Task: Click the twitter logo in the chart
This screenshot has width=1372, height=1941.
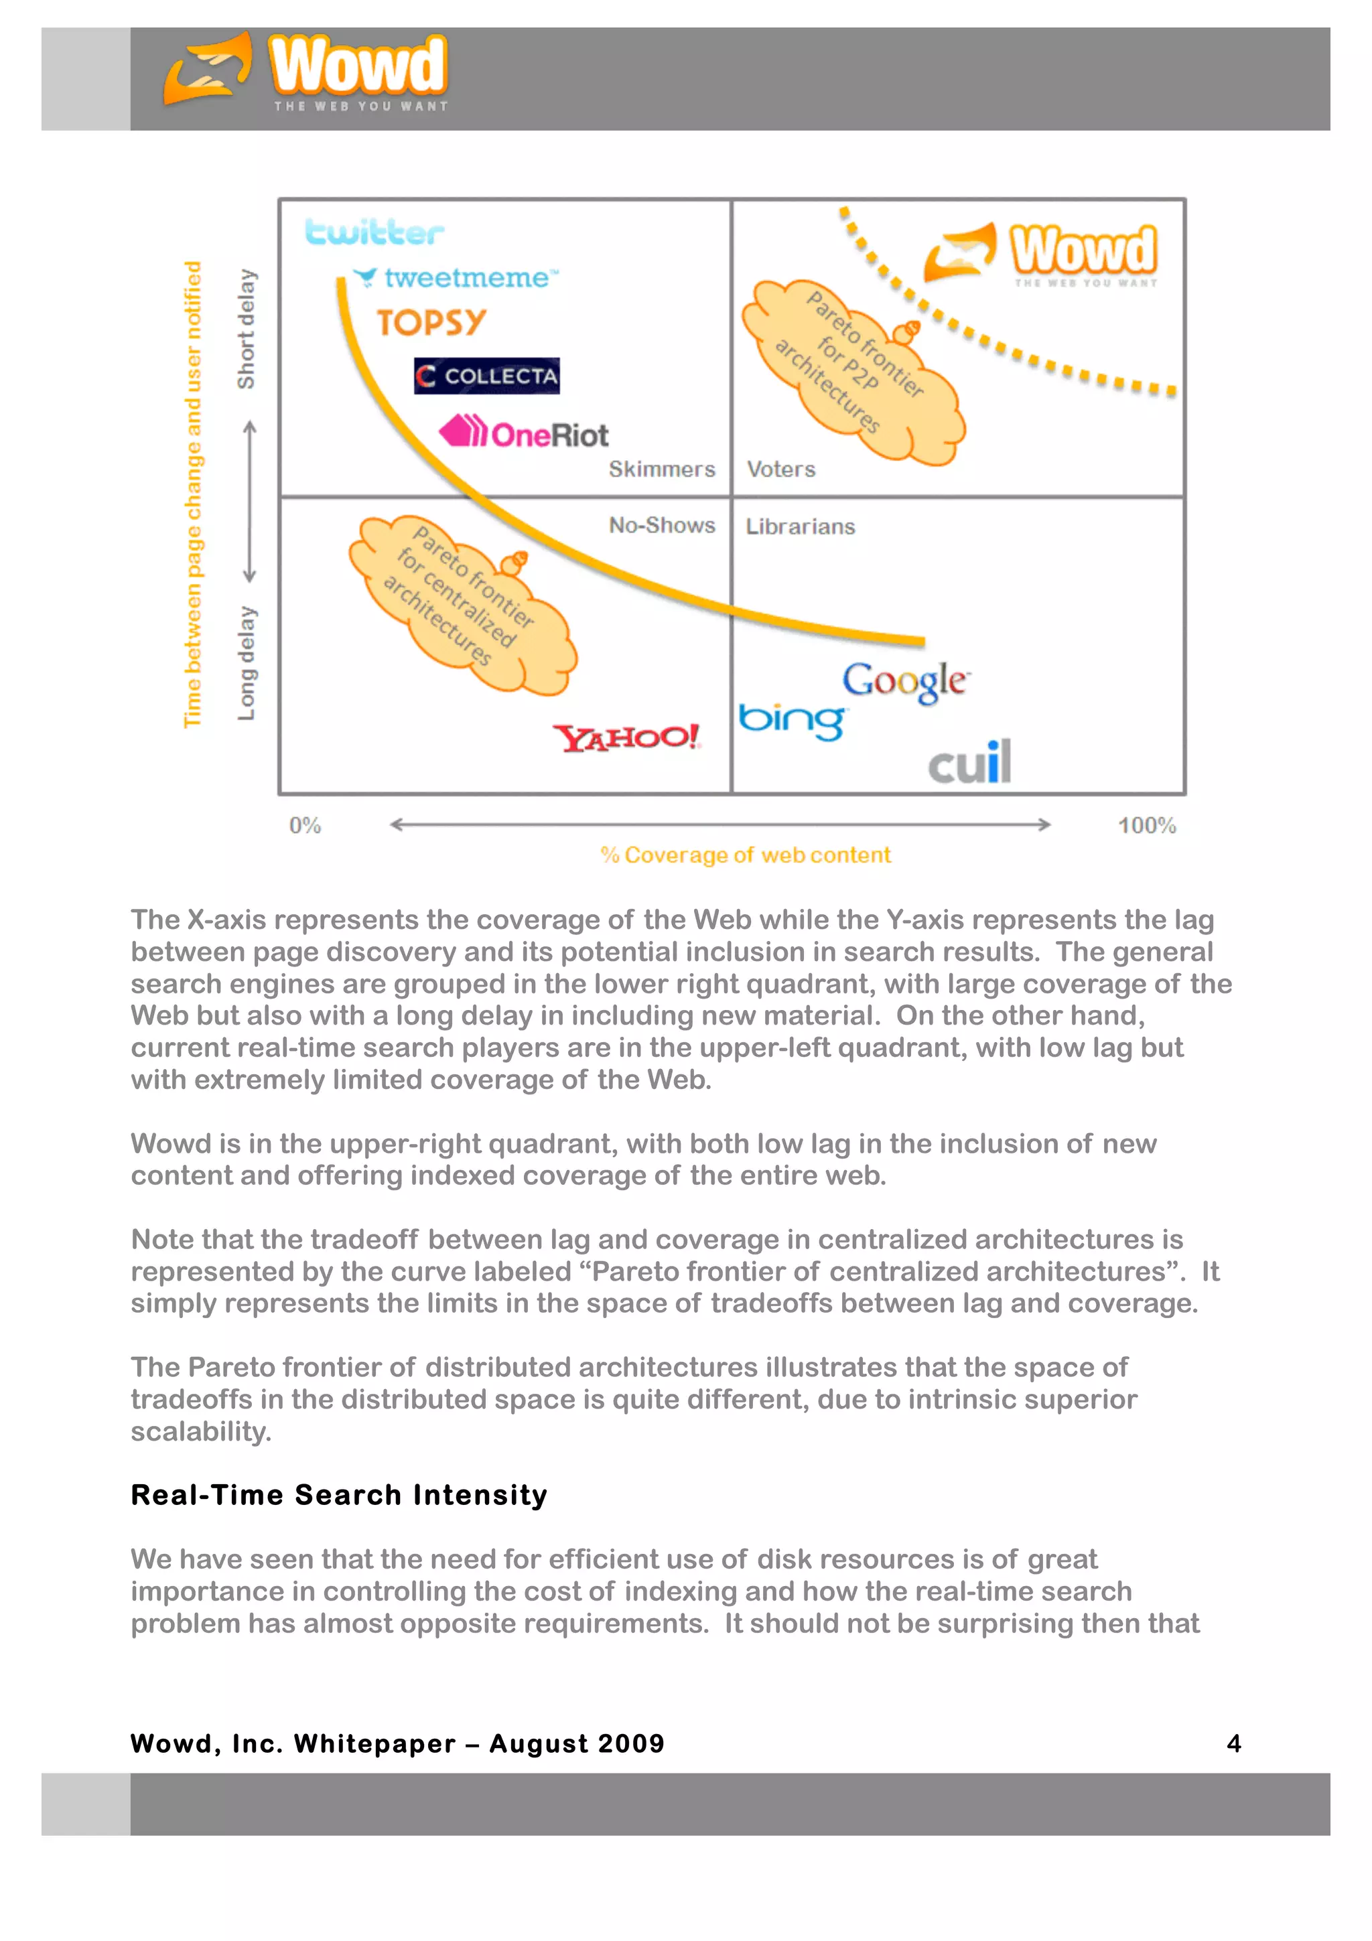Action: [x=374, y=232]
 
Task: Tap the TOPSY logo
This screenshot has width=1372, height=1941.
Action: [x=431, y=322]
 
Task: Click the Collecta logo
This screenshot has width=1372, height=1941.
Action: [x=487, y=376]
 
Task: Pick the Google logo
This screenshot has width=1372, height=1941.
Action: [x=905, y=680]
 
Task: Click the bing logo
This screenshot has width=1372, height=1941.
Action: [x=791, y=720]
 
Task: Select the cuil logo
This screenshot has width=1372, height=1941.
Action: [x=969, y=762]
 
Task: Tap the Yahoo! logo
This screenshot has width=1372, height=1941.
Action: [x=626, y=737]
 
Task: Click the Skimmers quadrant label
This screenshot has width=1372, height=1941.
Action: [x=662, y=470]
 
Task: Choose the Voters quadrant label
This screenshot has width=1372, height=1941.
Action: [x=781, y=470]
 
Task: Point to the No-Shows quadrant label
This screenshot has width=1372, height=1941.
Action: [x=662, y=525]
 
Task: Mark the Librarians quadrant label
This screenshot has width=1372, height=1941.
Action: [x=800, y=526]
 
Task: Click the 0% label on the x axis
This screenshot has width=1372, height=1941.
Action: [x=305, y=825]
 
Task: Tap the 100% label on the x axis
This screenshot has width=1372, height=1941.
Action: [x=1146, y=825]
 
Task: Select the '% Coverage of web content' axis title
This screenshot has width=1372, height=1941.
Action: [x=746, y=855]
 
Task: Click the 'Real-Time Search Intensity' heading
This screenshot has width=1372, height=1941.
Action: [x=339, y=1495]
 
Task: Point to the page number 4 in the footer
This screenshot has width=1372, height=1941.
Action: [x=1233, y=1743]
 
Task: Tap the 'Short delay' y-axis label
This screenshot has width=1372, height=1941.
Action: [x=246, y=329]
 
